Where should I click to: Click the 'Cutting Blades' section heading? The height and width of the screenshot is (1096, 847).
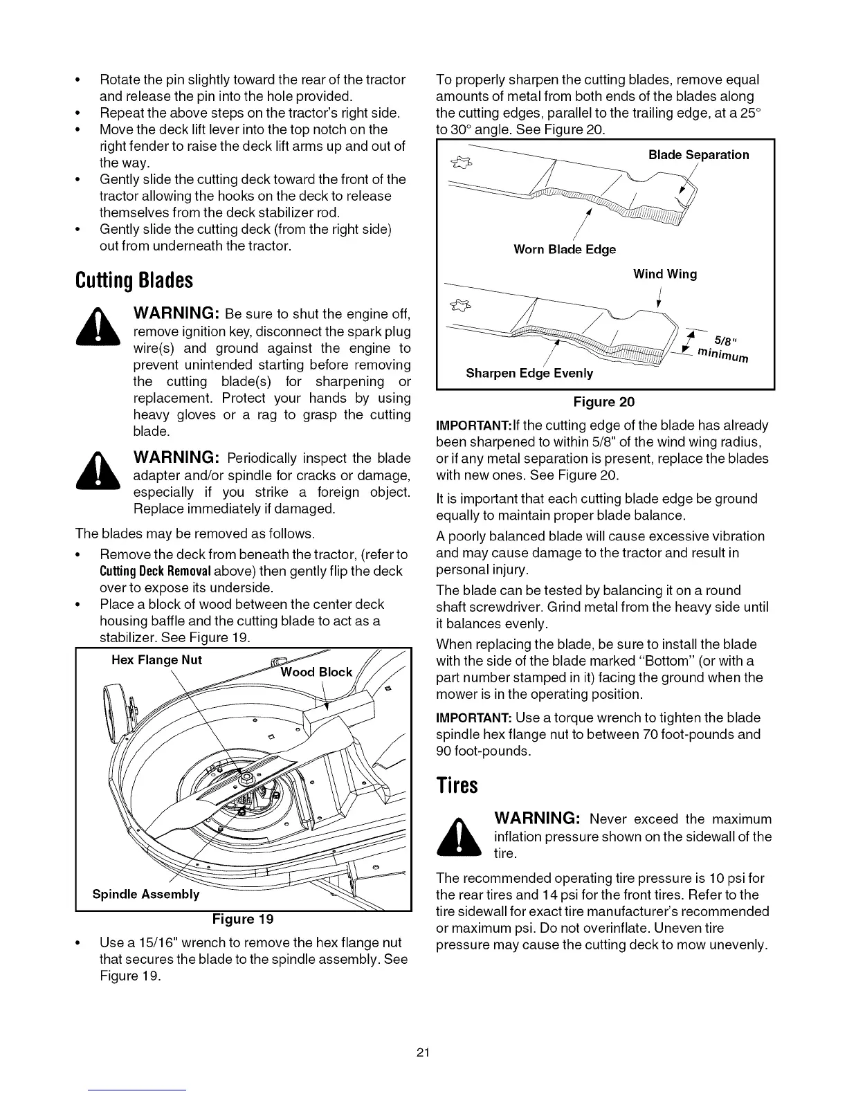134,281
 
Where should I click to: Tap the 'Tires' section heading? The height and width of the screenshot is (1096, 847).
457,786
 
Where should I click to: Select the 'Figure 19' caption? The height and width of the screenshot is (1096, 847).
243,919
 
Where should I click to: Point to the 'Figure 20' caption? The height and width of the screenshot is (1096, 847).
603,402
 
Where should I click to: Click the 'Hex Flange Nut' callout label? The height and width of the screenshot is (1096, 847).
156,660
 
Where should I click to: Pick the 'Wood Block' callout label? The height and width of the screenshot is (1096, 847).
316,673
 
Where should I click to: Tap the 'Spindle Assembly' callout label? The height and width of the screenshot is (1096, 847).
146,894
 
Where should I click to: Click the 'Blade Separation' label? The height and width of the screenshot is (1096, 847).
698,155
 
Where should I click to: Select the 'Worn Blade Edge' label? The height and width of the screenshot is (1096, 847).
564,249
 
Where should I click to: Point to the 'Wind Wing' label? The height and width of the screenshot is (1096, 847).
665,274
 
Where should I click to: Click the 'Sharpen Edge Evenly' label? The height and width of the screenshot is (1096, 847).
529,374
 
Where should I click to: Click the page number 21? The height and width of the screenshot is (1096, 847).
423,1053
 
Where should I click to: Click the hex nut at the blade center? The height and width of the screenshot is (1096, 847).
245,780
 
